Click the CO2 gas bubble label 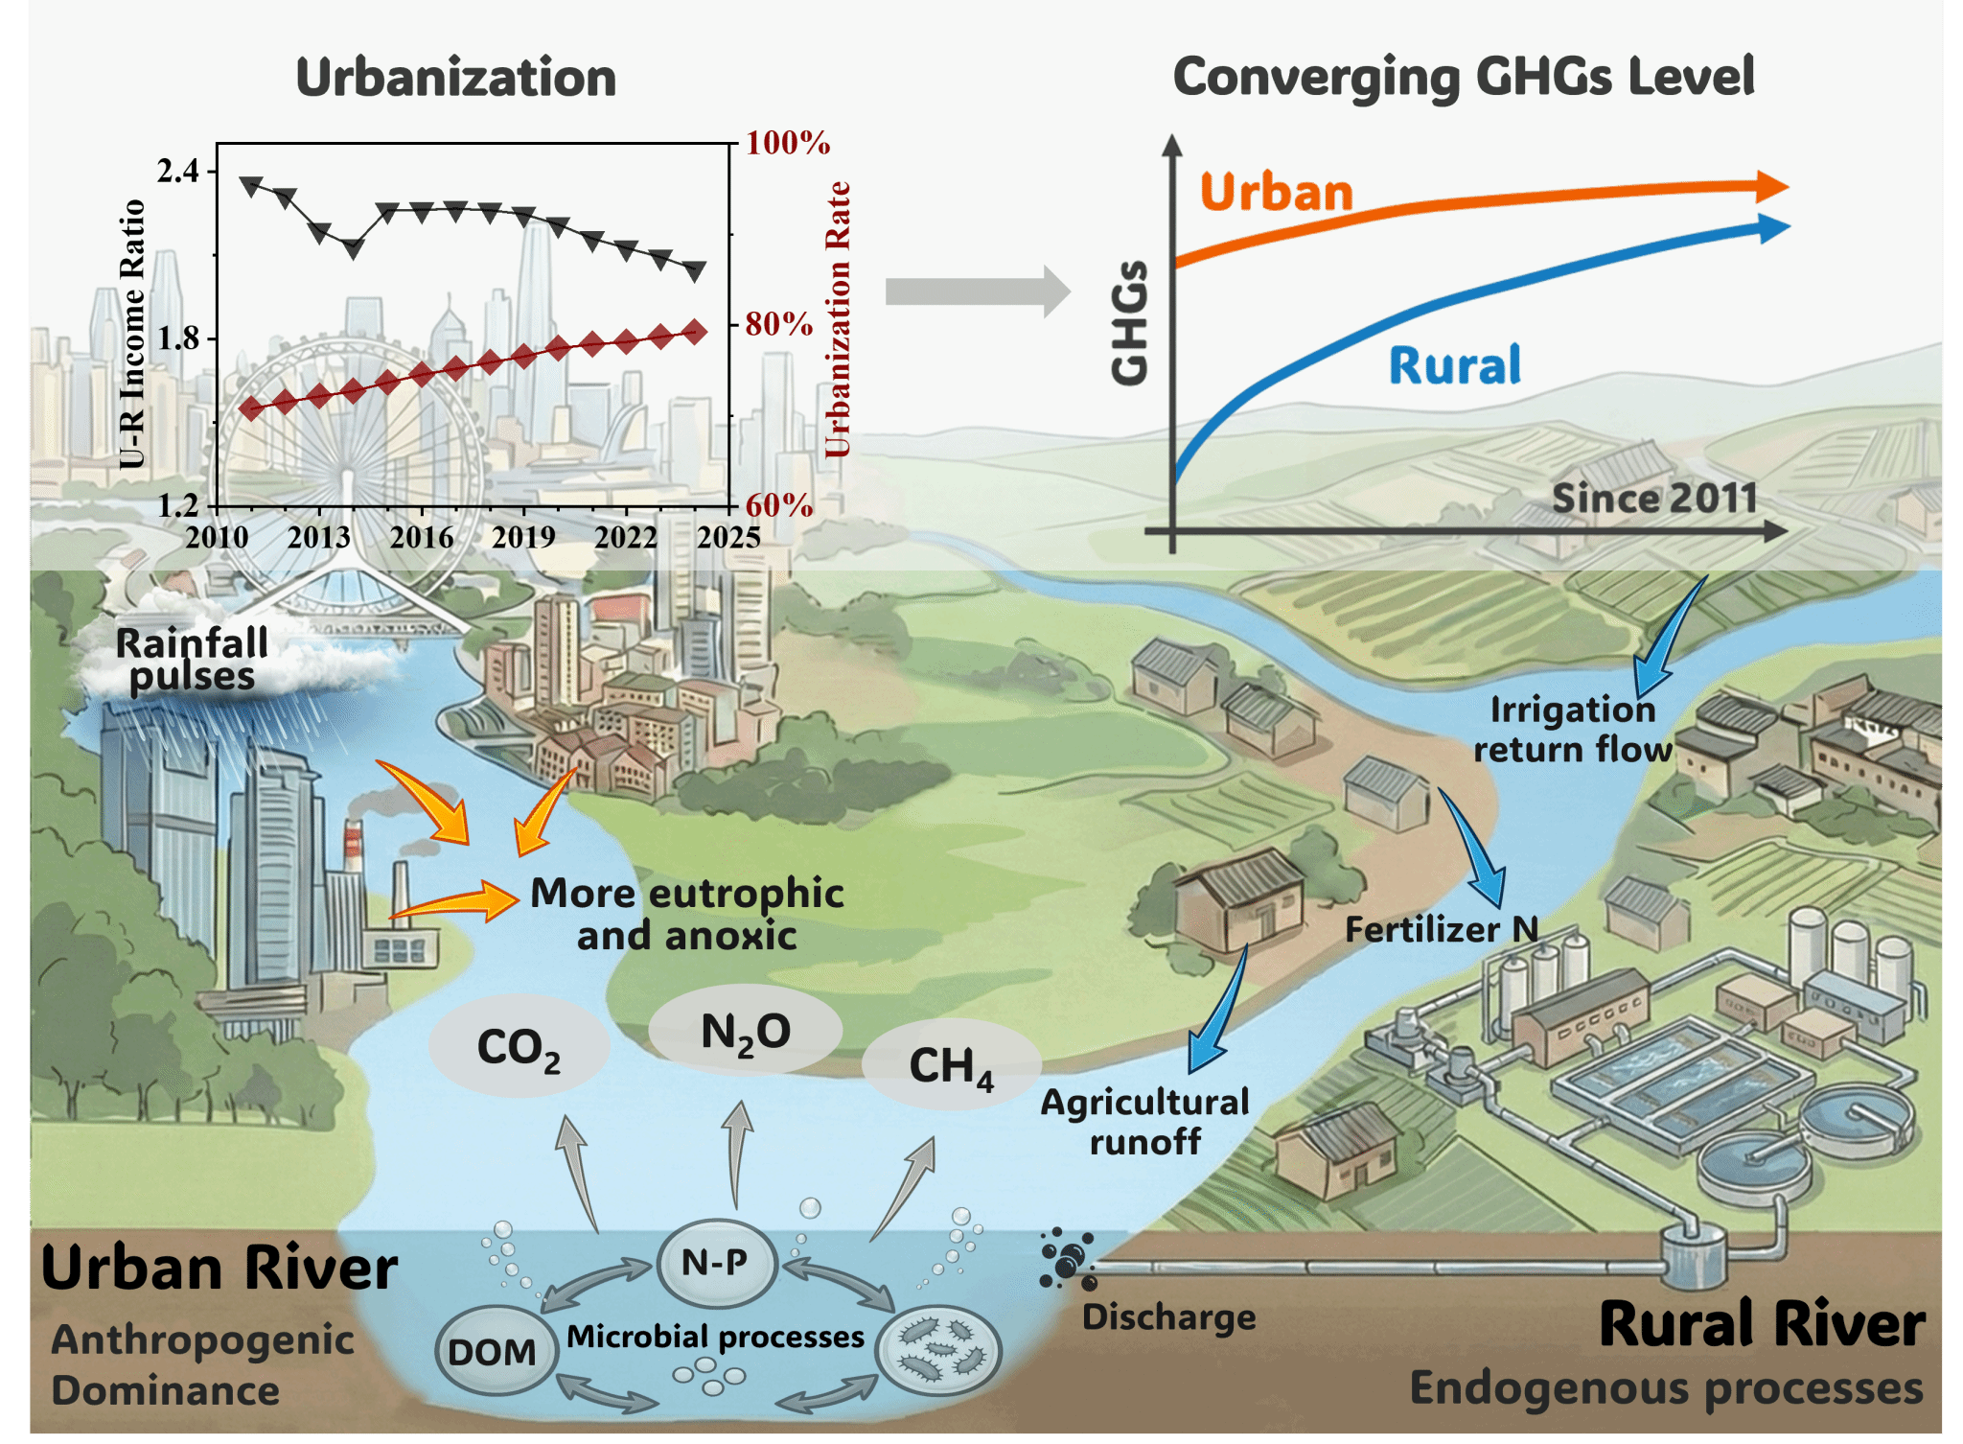[519, 1048]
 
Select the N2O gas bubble [746, 1031]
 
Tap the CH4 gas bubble [951, 1065]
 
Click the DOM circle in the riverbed [493, 1351]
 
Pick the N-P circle [715, 1262]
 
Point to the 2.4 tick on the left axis [178, 171]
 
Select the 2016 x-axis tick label [422, 536]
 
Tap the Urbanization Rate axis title [838, 319]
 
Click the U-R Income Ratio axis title [131, 334]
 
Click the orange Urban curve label [1276, 192]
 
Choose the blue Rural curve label [1455, 365]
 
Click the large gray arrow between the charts [978, 291]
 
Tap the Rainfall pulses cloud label [192, 659]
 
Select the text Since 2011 [1654, 498]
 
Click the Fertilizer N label [1441, 928]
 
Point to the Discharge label [1168, 1316]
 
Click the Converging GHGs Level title [1464, 77]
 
